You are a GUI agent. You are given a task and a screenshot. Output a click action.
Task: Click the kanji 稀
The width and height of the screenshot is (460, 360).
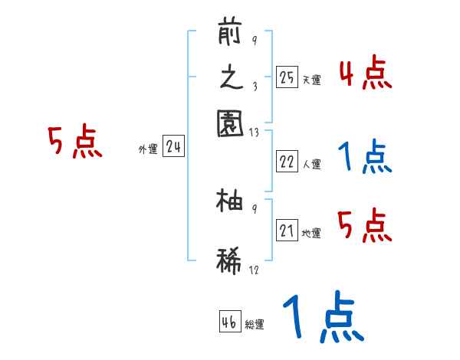coord(230,258)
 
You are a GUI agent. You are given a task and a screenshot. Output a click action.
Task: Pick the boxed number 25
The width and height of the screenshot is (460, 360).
coord(287,77)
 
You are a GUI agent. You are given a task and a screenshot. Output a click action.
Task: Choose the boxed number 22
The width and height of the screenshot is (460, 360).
coord(287,162)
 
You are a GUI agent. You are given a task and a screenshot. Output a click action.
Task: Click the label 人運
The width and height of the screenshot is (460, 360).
coord(311,164)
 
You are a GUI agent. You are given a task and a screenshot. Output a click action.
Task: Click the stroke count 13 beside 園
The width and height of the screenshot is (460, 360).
coord(254,132)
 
